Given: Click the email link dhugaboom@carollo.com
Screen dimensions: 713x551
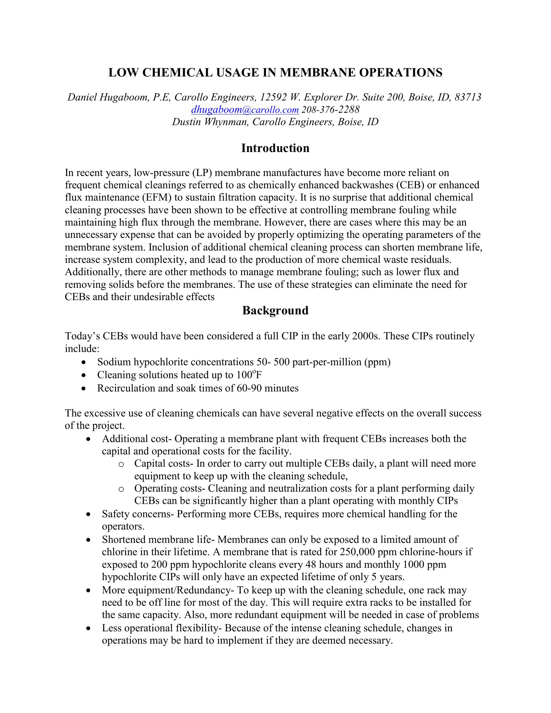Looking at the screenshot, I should pyautogui.click(x=245, y=110).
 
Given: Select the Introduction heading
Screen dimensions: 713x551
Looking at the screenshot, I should pyautogui.click(x=275, y=148).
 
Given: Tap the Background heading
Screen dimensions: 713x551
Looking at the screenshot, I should pyautogui.click(x=275, y=310).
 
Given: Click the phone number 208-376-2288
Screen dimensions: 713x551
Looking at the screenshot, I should pyautogui.click(x=330, y=110).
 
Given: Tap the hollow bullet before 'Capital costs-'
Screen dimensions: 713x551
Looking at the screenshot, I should pyautogui.click(x=121, y=464).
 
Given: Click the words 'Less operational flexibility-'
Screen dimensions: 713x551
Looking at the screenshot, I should pyautogui.click(x=162, y=628).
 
